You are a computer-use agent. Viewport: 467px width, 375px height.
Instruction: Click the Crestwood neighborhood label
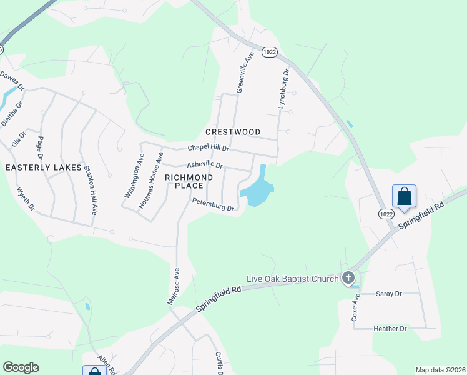233,132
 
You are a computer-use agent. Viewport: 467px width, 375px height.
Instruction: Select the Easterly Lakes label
44,167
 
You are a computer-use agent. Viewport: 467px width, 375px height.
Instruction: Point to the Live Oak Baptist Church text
292,278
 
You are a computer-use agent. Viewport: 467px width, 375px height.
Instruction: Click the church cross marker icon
348,277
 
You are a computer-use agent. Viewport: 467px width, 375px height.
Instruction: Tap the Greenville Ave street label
245,73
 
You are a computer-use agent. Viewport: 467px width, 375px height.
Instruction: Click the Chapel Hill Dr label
209,149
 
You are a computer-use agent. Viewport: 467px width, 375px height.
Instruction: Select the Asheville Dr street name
205,165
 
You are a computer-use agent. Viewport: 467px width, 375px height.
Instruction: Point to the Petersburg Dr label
213,204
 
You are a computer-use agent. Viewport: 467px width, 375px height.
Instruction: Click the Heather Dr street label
390,328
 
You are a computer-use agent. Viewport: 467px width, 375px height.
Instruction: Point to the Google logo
21,367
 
